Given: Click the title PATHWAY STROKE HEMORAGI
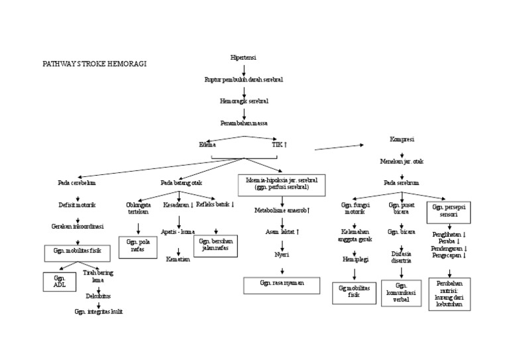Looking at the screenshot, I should pyautogui.click(x=94, y=64).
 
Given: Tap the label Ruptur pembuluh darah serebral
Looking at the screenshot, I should pyautogui.click(x=244, y=80).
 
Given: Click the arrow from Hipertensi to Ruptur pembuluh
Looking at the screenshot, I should pyautogui.click(x=244, y=68).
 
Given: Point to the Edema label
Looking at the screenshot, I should pyautogui.click(x=207, y=144).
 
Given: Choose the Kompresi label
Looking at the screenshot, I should pyautogui.click(x=402, y=139).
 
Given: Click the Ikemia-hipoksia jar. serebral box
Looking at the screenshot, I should pyautogui.click(x=282, y=184).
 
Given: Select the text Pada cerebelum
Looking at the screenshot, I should pyautogui.click(x=77, y=182).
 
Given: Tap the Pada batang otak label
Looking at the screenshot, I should pyautogui.click(x=181, y=182).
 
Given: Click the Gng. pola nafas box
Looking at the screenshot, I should pyautogui.click(x=138, y=247).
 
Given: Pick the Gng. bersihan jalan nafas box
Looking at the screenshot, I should pyautogui.click(x=214, y=245).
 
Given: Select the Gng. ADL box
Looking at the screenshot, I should pyautogui.click(x=56, y=281).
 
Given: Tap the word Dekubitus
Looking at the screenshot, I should pyautogui.click(x=97, y=296).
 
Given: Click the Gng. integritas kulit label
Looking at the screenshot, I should pyautogui.click(x=98, y=311).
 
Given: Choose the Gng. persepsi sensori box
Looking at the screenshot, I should pyautogui.click(x=449, y=212).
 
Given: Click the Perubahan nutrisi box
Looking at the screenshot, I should pyautogui.click(x=447, y=292).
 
